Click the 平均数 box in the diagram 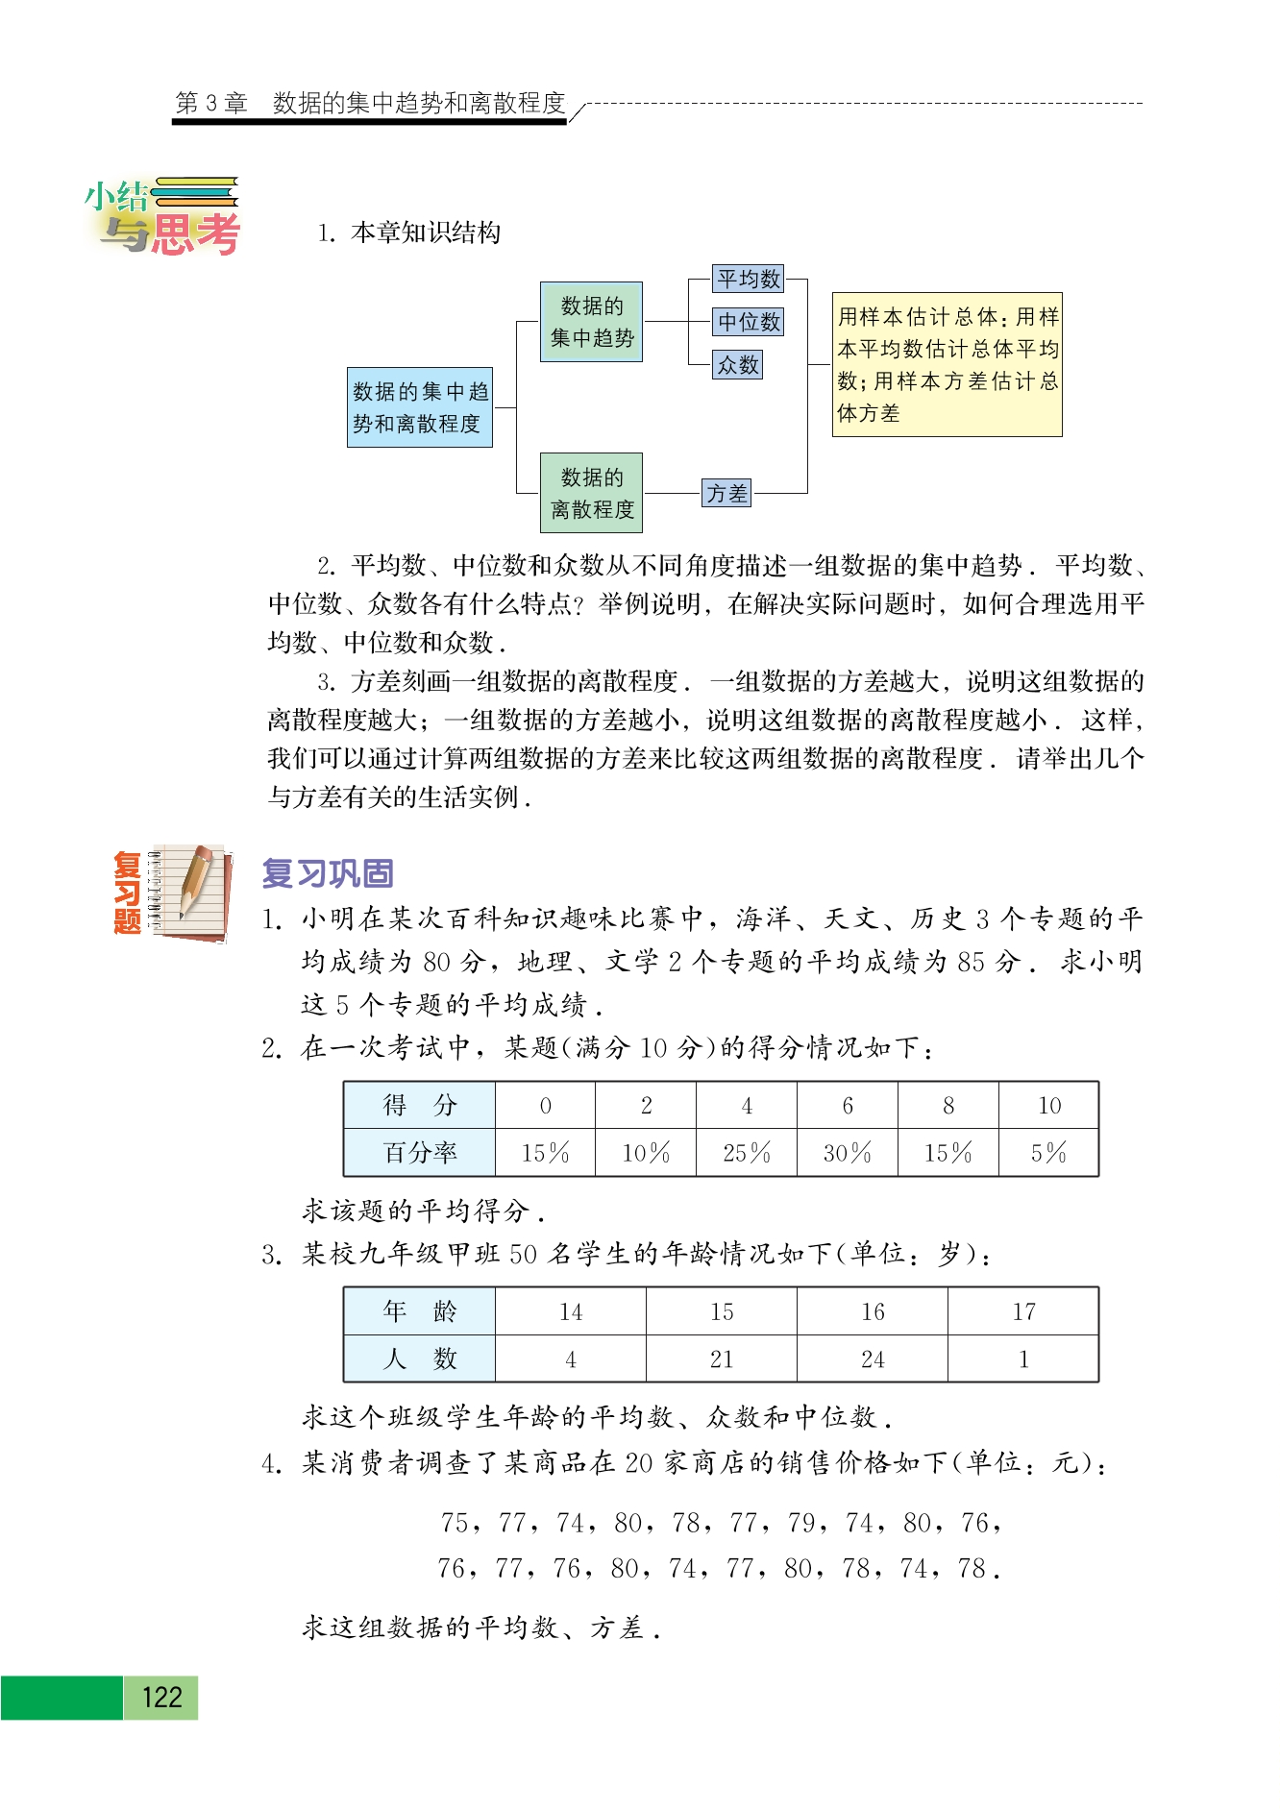point(749,279)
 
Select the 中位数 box point(749,322)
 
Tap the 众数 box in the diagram point(737,365)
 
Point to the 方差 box point(726,493)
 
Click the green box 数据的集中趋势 point(591,322)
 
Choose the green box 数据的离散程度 point(591,493)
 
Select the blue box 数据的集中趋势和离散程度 point(420,407)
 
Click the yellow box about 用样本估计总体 point(947,365)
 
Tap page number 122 point(160,1698)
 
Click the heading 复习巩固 point(328,873)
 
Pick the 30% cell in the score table point(847,1153)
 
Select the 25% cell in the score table point(747,1153)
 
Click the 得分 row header point(420,1105)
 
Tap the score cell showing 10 point(1048,1105)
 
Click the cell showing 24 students point(873,1359)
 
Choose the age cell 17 point(1023,1311)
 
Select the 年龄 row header point(420,1311)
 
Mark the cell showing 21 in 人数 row point(722,1359)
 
